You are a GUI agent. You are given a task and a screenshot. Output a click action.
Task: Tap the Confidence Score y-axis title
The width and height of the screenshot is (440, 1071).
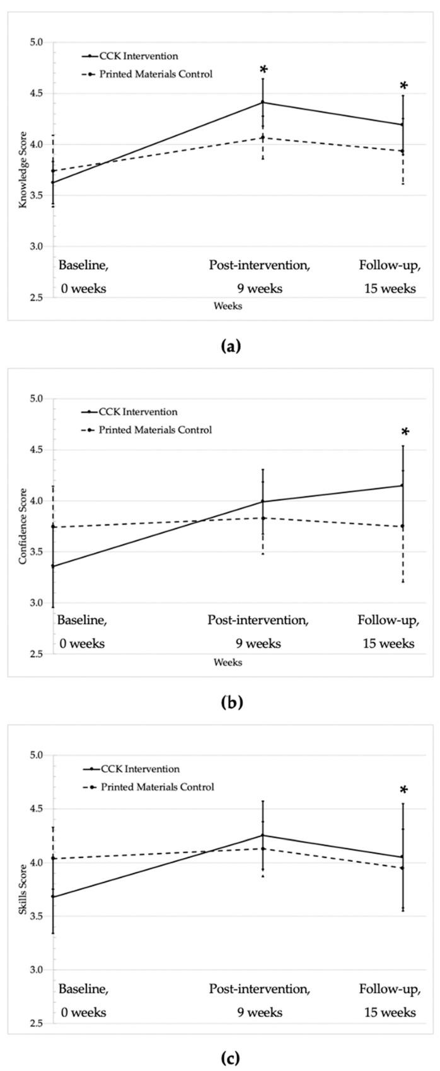(23, 526)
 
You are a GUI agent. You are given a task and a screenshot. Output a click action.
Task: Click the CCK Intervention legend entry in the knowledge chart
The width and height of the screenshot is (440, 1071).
(139, 56)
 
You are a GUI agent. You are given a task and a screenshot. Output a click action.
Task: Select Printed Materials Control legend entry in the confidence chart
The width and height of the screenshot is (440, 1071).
(155, 430)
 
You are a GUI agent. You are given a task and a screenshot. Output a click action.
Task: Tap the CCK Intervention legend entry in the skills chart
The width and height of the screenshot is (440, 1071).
(140, 769)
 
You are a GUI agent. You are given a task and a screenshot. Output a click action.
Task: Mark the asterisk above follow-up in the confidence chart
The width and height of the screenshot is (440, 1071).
(405, 433)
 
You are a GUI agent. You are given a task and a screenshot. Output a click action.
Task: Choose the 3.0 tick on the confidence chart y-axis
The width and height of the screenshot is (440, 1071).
(36, 603)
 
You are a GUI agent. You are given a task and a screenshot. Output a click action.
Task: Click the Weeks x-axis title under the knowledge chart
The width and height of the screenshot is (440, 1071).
(228, 306)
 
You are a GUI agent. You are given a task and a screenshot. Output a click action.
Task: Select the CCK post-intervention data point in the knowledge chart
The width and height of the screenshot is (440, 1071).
(263, 102)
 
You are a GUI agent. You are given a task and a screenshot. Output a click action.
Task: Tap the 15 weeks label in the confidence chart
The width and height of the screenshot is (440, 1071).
(388, 643)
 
